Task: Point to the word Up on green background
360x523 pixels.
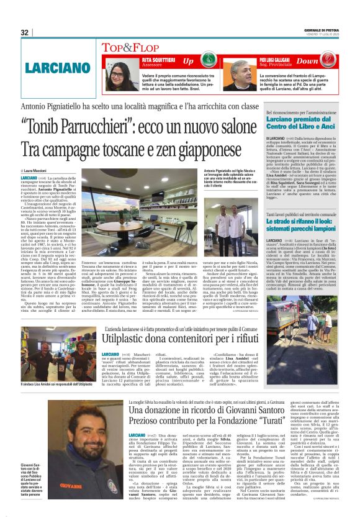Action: (188, 61)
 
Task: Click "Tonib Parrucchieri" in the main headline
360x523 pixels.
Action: (84, 126)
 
